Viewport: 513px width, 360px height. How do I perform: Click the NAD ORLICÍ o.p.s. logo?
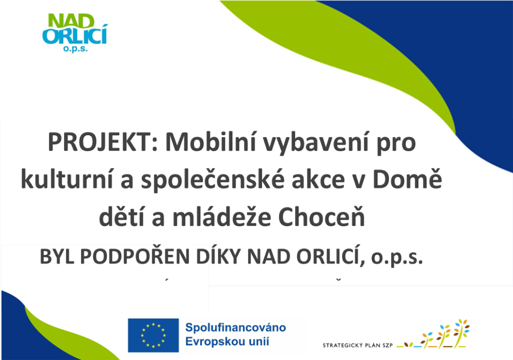(75, 33)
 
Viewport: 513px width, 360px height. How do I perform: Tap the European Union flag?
(153, 335)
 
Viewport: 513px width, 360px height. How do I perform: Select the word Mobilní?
(210, 142)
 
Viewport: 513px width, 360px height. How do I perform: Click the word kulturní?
(67, 179)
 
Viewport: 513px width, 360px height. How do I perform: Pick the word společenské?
(212, 180)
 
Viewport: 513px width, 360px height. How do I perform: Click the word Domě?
(407, 179)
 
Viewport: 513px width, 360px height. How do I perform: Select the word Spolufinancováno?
(235, 327)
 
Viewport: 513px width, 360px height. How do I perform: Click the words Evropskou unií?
(227, 341)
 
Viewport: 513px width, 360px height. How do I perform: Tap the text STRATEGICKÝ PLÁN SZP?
(358, 345)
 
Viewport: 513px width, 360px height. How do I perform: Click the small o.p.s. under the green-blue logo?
(75, 49)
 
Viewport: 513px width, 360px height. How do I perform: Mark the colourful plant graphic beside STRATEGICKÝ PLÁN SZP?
(433, 333)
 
